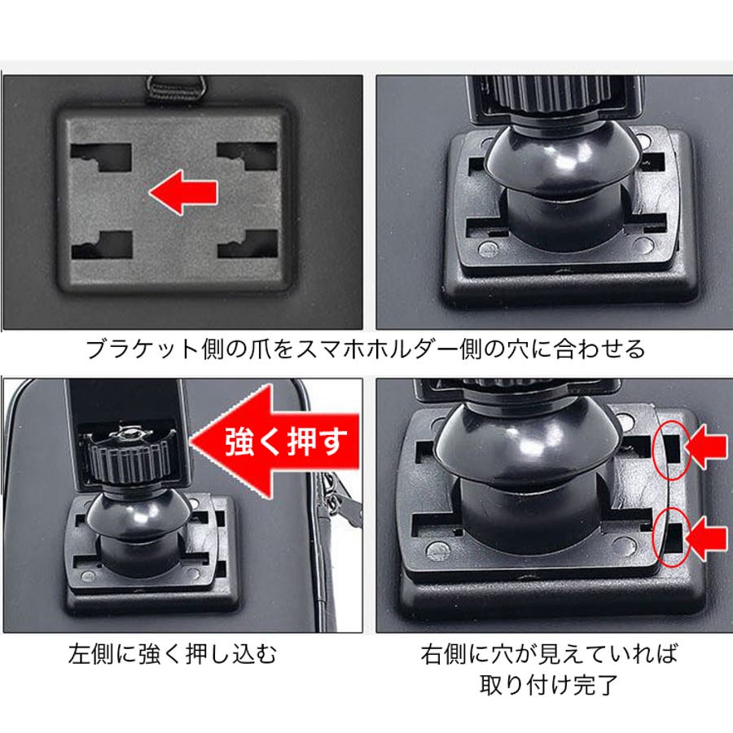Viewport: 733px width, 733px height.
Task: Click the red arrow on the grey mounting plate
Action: (183, 192)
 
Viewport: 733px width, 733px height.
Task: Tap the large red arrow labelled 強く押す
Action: (276, 441)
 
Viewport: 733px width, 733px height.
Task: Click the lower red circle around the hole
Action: (671, 538)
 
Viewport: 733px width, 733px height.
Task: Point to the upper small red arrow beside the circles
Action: (706, 448)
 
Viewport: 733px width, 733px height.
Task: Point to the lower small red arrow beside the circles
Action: (706, 537)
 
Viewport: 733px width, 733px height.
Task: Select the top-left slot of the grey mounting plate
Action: (101, 157)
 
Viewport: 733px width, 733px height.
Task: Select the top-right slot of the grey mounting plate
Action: (248, 156)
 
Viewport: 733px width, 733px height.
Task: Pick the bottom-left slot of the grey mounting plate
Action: (103, 245)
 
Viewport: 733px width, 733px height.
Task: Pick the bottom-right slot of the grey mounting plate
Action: (248, 244)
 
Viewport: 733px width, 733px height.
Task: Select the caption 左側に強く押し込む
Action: (173, 653)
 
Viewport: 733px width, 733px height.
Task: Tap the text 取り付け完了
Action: (549, 684)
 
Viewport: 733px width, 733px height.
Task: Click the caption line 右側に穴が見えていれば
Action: (549, 653)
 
